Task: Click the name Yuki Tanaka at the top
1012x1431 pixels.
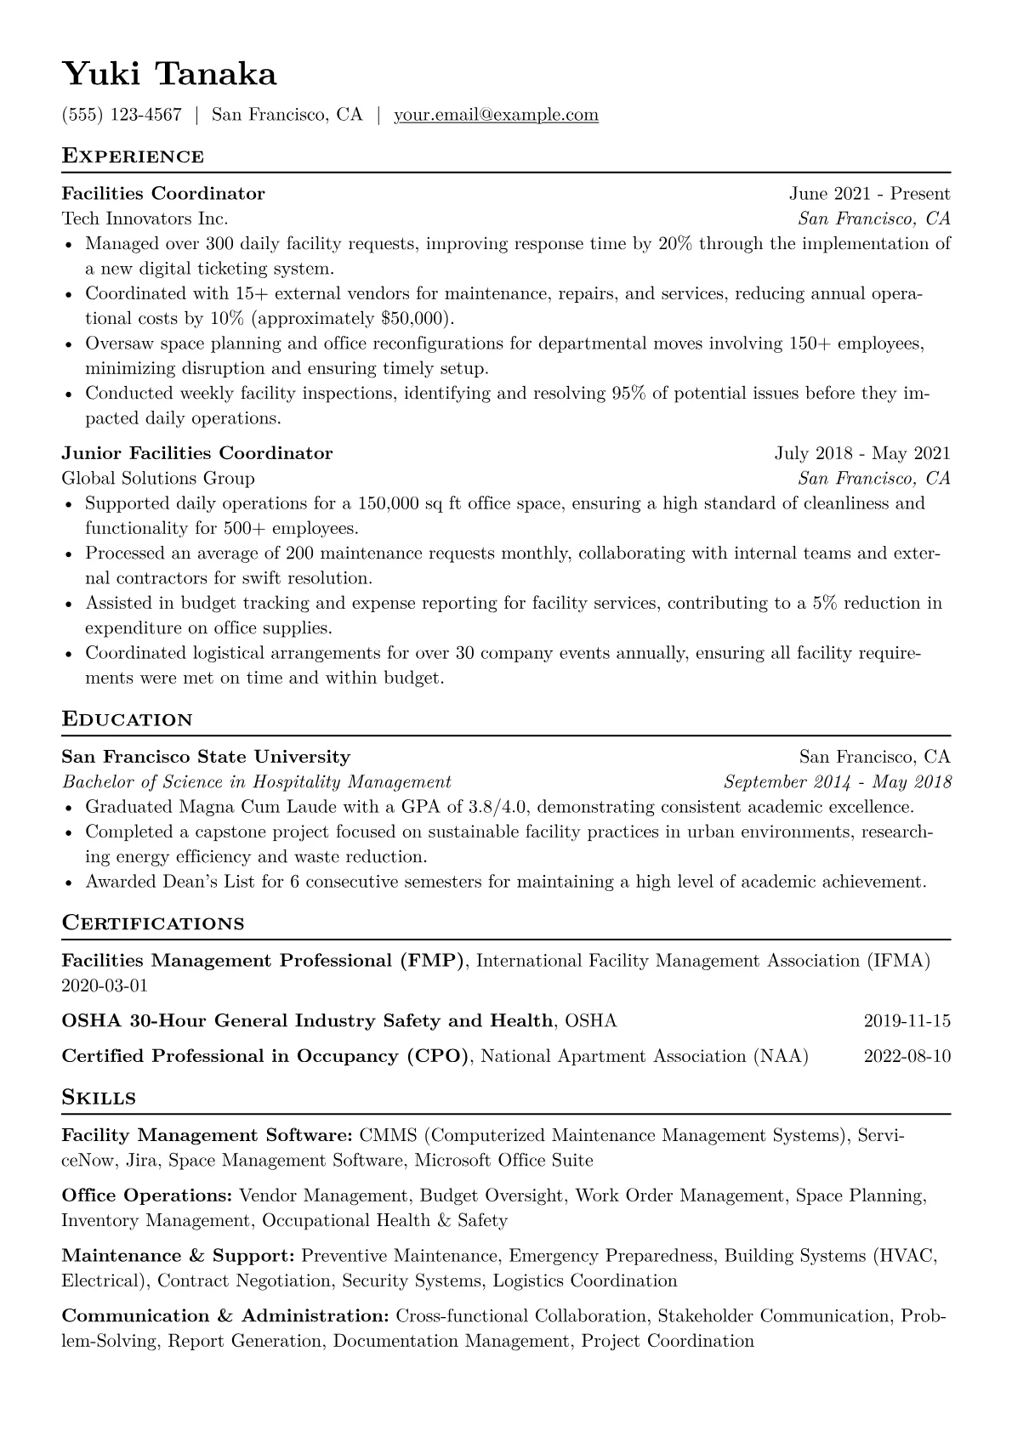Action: [169, 75]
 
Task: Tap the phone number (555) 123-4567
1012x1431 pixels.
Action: [122, 115]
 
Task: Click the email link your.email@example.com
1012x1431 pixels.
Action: [496, 115]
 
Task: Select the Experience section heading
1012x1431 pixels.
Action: [133, 156]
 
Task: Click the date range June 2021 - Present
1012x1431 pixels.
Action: [869, 194]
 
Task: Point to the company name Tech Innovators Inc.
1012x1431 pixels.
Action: [145, 219]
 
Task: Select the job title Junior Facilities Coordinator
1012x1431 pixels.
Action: [197, 453]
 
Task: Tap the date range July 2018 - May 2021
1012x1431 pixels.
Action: [861, 453]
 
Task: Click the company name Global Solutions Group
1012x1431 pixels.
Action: [158, 478]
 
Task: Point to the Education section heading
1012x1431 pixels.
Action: [128, 720]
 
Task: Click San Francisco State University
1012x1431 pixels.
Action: [206, 757]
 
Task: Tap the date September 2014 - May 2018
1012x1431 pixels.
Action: [837, 782]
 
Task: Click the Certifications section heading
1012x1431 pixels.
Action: [153, 924]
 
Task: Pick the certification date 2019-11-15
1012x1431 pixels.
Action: [907, 1021]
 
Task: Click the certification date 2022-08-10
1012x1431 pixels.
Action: [907, 1057]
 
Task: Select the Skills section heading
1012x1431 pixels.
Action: [99, 1099]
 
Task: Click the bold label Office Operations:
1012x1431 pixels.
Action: [147, 1196]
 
